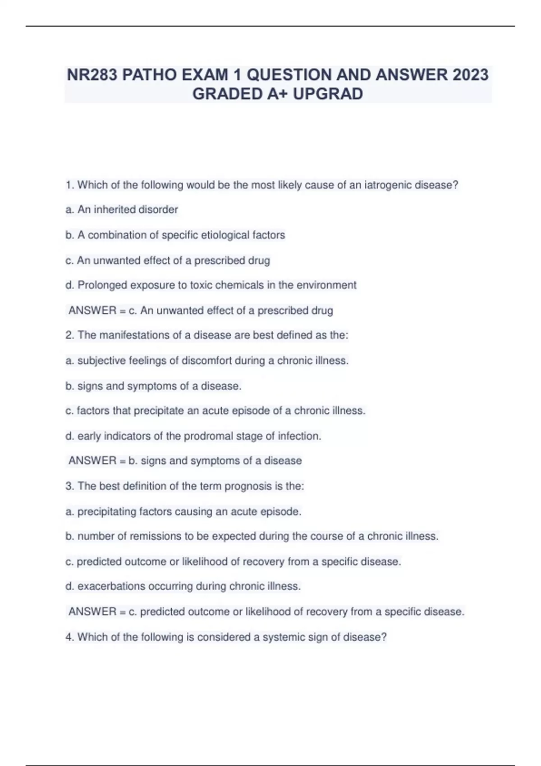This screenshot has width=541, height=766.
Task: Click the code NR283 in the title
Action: (x=92, y=75)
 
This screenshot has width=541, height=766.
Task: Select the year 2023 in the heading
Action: (x=470, y=75)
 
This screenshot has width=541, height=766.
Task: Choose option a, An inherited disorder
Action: (x=122, y=210)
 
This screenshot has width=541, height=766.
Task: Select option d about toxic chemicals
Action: (x=211, y=285)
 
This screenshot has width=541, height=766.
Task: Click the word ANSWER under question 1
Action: (x=92, y=310)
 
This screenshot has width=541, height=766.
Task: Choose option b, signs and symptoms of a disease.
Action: (x=154, y=386)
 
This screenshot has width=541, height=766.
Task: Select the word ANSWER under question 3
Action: (x=92, y=611)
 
